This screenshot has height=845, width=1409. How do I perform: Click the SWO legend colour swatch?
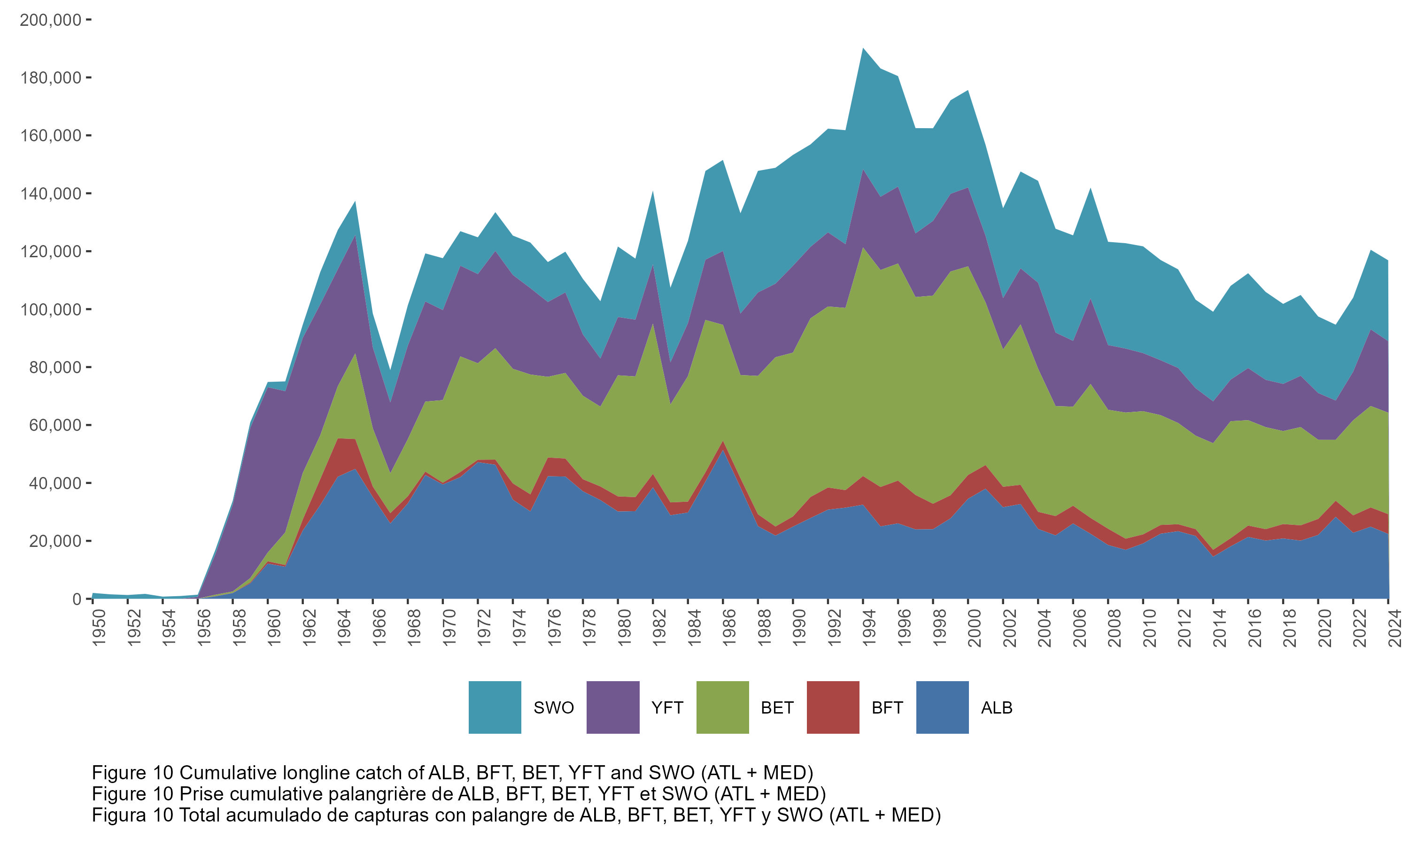[495, 707]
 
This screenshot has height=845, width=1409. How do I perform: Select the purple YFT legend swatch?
[612, 707]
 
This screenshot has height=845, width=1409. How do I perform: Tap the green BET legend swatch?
[722, 707]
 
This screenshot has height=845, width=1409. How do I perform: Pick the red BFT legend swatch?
[833, 707]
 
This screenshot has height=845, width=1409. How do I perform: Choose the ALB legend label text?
[996, 708]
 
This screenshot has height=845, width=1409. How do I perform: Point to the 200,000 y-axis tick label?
[51, 20]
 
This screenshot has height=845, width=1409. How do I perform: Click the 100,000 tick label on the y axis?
[51, 310]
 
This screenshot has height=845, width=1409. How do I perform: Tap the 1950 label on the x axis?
[99, 628]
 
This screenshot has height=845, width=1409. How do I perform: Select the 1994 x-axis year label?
[869, 628]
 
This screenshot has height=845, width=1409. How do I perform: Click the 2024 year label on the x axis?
[1395, 628]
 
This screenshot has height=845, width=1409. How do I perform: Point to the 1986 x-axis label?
[729, 628]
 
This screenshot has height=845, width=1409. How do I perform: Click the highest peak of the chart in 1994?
[863, 48]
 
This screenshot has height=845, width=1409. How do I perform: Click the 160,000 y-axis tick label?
[51, 136]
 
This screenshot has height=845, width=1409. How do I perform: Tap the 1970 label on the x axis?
[449, 628]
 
